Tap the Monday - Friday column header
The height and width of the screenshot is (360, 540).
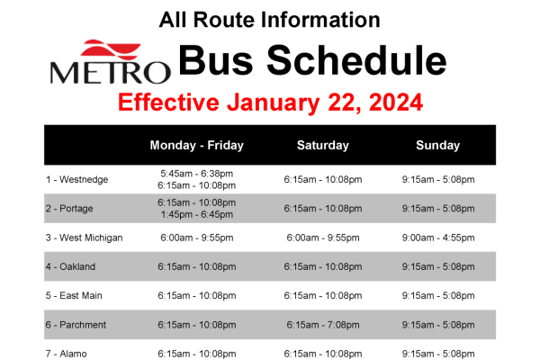pos(196,145)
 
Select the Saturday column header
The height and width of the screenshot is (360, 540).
pos(322,145)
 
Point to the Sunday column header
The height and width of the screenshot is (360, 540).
pos(437,145)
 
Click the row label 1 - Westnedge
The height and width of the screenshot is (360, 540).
pos(77,179)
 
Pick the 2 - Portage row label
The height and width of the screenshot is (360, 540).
pos(70,208)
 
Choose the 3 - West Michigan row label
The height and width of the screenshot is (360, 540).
pos(85,238)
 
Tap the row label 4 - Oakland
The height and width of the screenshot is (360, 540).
pos(70,266)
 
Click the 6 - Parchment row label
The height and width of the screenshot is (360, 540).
pos(76,325)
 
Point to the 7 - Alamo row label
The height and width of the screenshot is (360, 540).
pos(68,354)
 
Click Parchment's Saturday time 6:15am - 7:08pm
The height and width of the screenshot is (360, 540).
pos(322,325)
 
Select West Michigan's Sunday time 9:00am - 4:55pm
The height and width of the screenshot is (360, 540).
pos(437,238)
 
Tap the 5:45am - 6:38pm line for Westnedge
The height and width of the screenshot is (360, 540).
pos(196,173)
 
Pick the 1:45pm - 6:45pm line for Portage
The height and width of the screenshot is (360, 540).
pos(196,214)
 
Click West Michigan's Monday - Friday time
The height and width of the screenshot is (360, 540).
pos(196,238)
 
